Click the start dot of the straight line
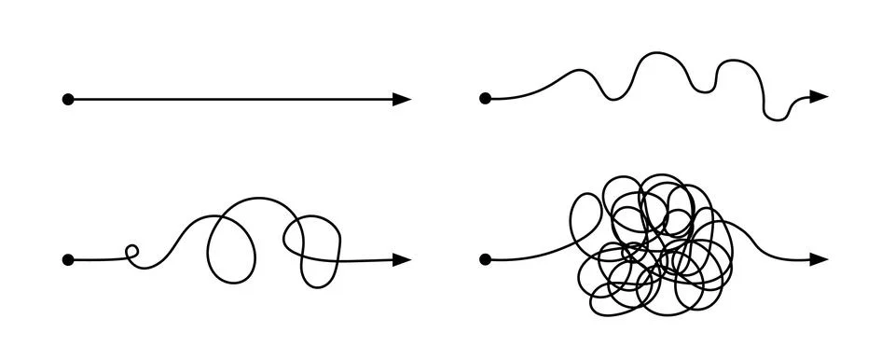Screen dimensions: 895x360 (67, 99)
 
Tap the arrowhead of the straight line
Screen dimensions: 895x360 (402, 99)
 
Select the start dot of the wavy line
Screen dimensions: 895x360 (485, 98)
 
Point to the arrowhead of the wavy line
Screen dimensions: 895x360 (818, 96)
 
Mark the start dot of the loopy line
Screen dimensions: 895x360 (67, 259)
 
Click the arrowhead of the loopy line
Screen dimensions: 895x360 (402, 259)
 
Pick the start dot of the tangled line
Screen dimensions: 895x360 (485, 258)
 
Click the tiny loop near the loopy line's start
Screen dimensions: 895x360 (131, 251)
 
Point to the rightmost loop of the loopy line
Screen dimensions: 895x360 (313, 247)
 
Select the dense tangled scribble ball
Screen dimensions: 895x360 (653, 242)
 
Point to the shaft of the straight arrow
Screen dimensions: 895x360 (233, 99)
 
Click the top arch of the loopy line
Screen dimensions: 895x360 (256, 199)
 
